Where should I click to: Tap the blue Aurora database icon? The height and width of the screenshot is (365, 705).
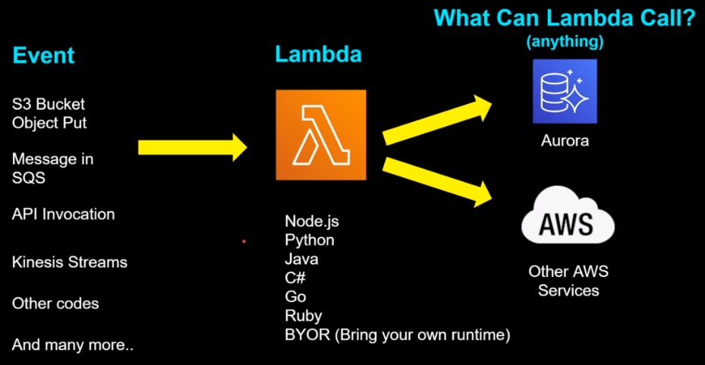point(565,91)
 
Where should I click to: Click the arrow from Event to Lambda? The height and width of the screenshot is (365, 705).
point(193,147)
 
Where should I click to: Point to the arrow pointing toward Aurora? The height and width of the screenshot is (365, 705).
point(438,119)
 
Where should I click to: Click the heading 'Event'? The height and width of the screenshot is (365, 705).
point(43,55)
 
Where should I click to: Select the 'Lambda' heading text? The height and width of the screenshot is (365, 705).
point(318,55)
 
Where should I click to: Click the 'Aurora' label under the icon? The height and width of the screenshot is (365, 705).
point(565,140)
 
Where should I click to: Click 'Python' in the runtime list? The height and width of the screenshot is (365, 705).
point(310,241)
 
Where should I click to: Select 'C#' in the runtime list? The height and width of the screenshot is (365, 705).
point(295,278)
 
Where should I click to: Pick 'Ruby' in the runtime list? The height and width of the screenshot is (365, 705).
point(304,316)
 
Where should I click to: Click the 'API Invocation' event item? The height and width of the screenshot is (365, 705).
point(64,214)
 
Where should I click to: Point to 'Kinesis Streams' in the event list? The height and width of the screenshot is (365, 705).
point(70,263)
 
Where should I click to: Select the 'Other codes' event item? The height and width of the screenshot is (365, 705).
point(55,304)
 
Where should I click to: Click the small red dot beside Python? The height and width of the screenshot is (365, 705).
point(244,241)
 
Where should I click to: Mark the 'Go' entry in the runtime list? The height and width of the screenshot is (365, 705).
point(295,297)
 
